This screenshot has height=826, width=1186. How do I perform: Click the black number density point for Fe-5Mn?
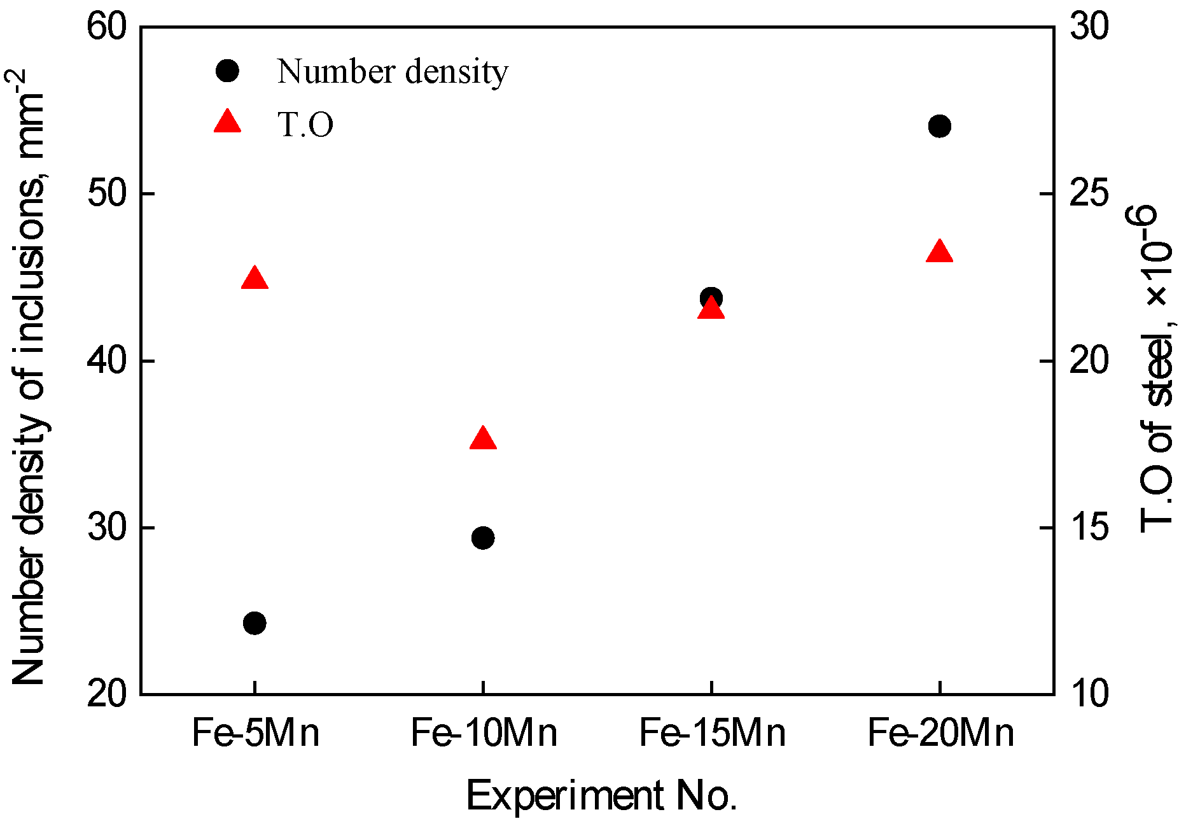[x=255, y=623]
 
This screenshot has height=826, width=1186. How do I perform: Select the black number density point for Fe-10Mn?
[x=483, y=538]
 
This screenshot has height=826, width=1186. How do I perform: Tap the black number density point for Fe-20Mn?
[x=940, y=126]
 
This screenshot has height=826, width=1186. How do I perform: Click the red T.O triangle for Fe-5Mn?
[x=255, y=279]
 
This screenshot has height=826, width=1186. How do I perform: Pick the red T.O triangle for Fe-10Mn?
[x=483, y=439]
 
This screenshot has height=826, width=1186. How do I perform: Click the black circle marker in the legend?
[x=227, y=71]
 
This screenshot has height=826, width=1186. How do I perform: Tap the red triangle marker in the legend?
[x=227, y=122]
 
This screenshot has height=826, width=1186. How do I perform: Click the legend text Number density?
[x=393, y=71]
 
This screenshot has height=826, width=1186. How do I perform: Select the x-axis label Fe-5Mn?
[x=255, y=732]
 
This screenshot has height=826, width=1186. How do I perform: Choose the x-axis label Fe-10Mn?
[x=484, y=732]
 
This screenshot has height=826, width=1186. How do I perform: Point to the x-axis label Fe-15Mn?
[x=712, y=732]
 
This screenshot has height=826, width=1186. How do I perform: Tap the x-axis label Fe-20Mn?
[x=940, y=732]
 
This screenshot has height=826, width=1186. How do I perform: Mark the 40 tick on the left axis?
[x=106, y=361]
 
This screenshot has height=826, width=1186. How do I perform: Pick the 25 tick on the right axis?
[x=1089, y=193]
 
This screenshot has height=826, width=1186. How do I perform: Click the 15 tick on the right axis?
[x=1089, y=528]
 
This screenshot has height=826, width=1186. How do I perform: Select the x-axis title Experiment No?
[x=601, y=795]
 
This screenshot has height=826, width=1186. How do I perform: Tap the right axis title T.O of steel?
[x=1155, y=369]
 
